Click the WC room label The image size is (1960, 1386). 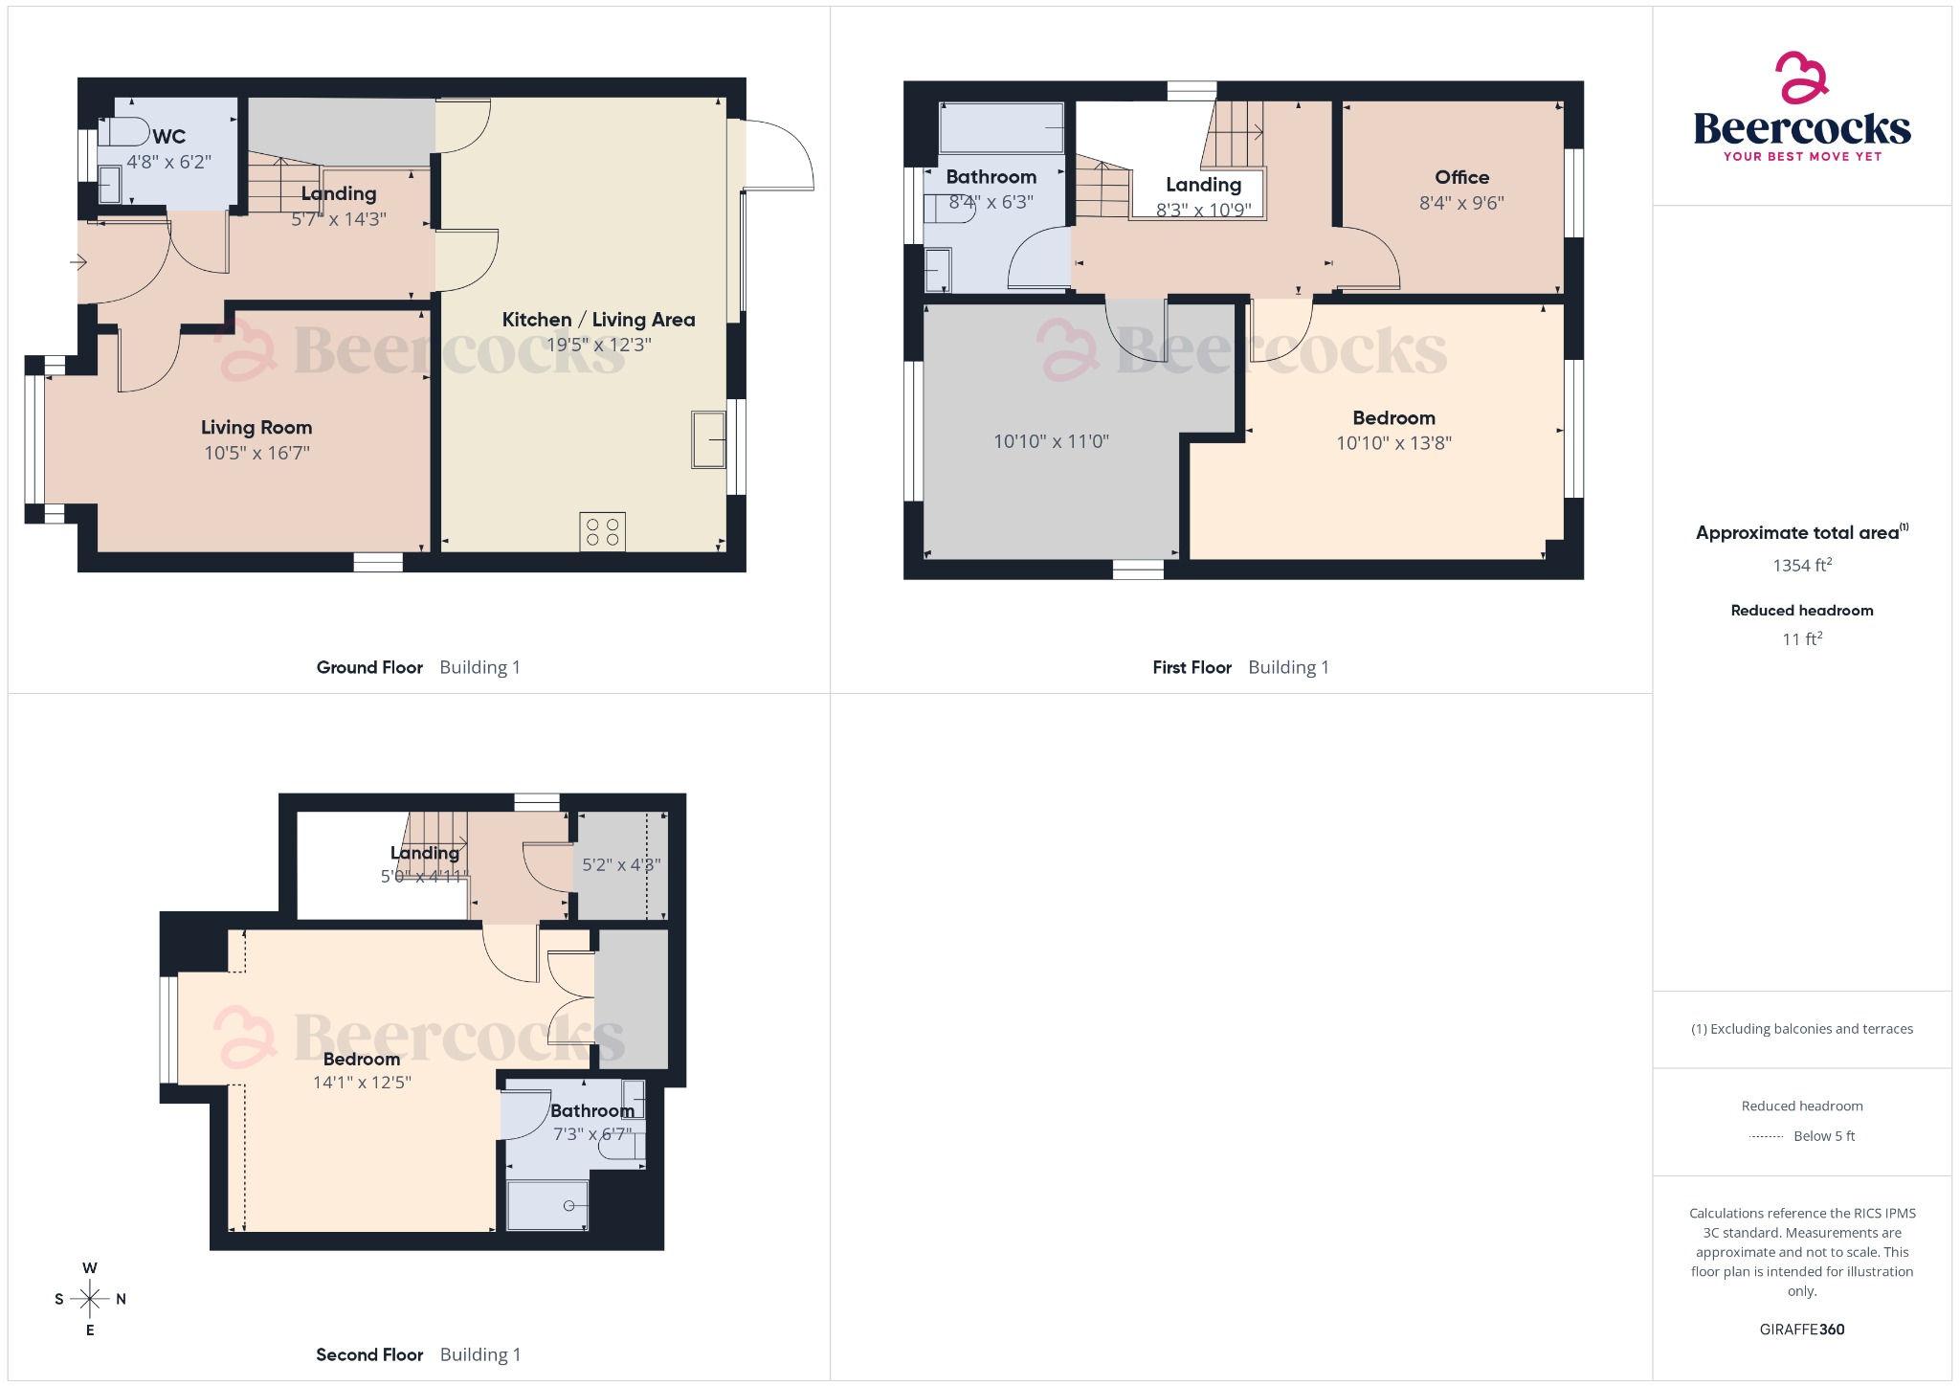pos(169,136)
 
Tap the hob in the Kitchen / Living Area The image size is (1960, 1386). pos(602,531)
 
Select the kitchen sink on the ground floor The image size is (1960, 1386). pos(708,439)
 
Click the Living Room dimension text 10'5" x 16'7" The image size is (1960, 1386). pos(256,453)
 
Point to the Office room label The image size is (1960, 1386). pos(1461,177)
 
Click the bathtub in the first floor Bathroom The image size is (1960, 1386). pos(1002,128)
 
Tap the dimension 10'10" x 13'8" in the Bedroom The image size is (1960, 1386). pos(1393,442)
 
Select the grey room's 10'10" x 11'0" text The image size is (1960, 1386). pos(1051,441)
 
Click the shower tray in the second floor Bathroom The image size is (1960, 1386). pos(547,1205)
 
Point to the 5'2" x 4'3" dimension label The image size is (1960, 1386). pos(621,864)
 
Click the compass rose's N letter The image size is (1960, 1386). pos(121,1299)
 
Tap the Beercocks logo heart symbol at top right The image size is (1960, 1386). pos(1801,78)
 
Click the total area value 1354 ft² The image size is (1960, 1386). pos(1801,565)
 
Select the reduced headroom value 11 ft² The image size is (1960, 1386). pos(1801,638)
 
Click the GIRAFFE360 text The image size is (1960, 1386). pos(1801,1329)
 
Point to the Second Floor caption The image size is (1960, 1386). pos(369,1354)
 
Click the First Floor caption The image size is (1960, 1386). pos(1192,667)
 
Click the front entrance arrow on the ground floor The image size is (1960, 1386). pos(78,261)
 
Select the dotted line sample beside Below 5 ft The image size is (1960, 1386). pos(1766,1136)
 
